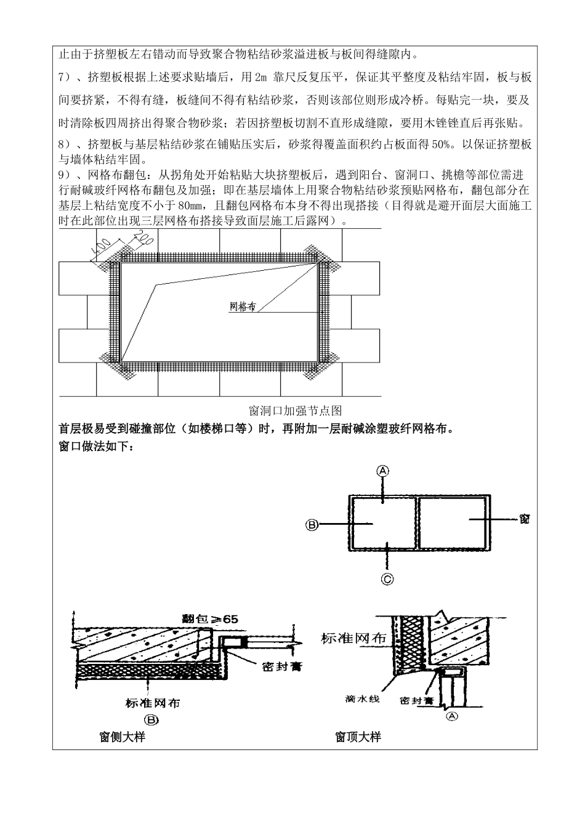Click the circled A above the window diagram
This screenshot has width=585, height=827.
point(382,471)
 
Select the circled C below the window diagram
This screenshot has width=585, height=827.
point(387,578)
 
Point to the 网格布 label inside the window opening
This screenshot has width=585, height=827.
point(242,306)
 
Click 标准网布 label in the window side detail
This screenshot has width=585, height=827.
point(152,703)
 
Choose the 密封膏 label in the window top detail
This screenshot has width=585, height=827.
point(416,700)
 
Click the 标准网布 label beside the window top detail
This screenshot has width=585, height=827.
point(353,638)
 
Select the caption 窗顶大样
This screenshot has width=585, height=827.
point(358,737)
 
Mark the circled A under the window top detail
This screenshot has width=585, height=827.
point(451,716)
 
